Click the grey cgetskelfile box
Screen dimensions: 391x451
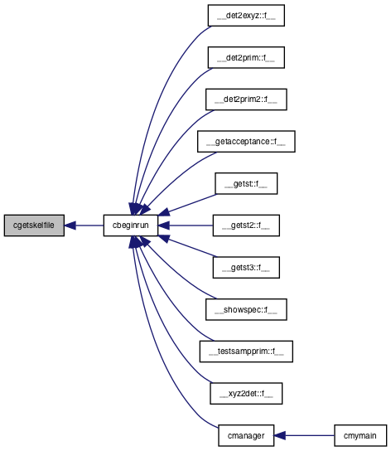34,225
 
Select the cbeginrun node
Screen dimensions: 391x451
131,225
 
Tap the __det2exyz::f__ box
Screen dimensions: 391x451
246,16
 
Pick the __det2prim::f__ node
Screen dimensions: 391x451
246,57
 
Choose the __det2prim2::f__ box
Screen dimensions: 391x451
246,99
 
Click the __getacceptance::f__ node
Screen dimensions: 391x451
246,142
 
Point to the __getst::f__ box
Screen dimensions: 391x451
246,183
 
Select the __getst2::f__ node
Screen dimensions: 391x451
246,225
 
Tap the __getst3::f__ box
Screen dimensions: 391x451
246,268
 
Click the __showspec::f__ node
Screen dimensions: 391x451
246,309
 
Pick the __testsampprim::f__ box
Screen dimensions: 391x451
246,352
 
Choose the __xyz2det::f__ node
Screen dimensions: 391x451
246,394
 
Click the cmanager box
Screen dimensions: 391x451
246,436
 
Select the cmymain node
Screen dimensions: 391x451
360,436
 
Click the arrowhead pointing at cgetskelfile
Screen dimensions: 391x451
70,225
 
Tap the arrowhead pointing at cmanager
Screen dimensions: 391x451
279,436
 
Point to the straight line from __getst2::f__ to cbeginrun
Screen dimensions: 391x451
191,225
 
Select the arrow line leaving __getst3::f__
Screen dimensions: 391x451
192,247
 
